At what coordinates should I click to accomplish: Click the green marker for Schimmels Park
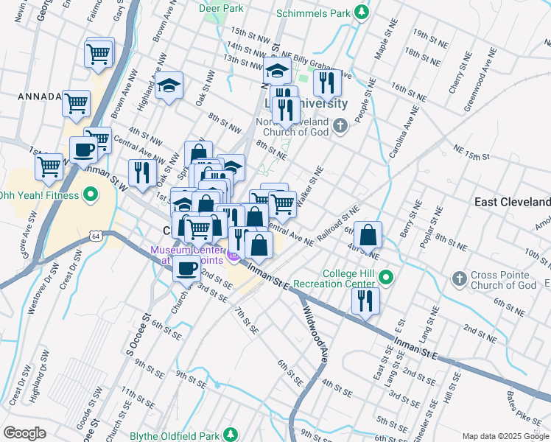(x=361, y=13)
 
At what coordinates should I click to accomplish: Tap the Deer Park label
(x=221, y=8)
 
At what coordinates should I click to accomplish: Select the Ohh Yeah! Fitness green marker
(x=90, y=195)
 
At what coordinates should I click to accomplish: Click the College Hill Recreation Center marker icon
(x=387, y=278)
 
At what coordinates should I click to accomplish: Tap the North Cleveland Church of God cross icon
(x=340, y=126)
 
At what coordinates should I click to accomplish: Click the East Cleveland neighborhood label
(x=513, y=202)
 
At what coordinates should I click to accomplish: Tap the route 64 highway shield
(x=96, y=236)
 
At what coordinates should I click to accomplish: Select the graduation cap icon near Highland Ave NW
(x=169, y=86)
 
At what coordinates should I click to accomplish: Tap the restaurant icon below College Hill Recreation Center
(x=365, y=300)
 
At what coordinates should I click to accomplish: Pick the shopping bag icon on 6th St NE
(x=368, y=235)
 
